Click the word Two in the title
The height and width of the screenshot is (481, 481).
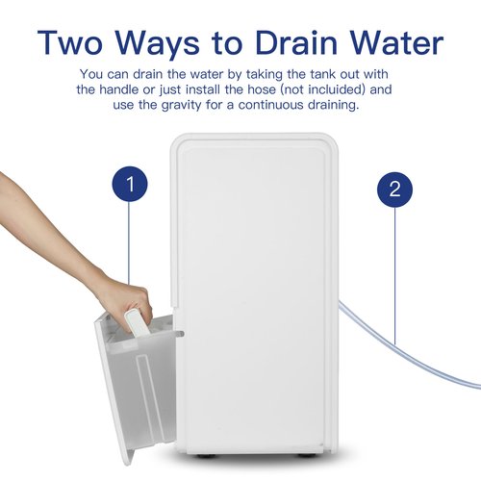coord(69,42)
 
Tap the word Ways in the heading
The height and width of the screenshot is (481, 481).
coord(158,45)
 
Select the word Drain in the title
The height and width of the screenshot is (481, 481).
coord(296,42)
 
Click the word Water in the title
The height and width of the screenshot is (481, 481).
coord(397,42)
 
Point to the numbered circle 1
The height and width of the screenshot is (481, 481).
coord(130,184)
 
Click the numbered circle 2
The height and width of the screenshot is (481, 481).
coord(394,190)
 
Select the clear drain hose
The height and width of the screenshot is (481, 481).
coord(407,348)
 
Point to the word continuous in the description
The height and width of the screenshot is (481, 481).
coord(270,105)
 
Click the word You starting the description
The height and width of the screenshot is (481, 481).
coord(91,74)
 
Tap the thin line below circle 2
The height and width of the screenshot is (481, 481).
coord(394,276)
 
